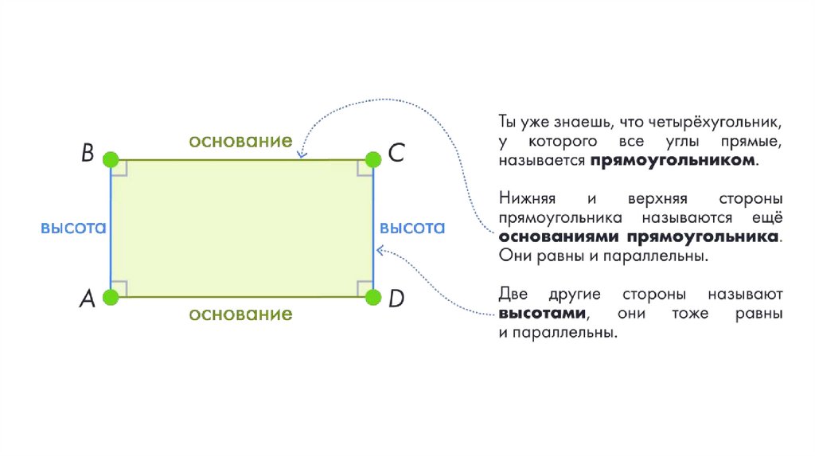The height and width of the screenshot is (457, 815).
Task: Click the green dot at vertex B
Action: pos(111,158)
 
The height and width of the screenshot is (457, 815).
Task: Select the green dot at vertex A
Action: pos(111,298)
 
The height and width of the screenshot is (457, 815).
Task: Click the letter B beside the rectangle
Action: pos(88,154)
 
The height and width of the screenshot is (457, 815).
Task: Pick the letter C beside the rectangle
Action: pos(396,154)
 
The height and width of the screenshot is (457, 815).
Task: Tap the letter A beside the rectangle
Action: pos(88,299)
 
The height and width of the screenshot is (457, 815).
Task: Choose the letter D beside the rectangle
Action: pos(396,299)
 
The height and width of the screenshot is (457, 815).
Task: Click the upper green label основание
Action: pos(240,141)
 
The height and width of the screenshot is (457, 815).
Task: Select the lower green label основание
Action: pos(240,314)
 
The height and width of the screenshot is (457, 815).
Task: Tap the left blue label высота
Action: pos(73,228)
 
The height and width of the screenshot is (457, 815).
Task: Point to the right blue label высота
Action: pos(412,228)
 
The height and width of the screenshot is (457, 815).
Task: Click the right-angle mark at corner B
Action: pos(119,167)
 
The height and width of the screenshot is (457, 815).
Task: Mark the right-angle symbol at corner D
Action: pos(364,288)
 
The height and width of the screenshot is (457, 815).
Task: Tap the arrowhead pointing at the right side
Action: pos(380,251)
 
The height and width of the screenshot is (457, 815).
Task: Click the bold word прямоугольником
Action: pos(673,161)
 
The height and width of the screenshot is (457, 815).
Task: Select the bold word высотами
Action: pos(544,314)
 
